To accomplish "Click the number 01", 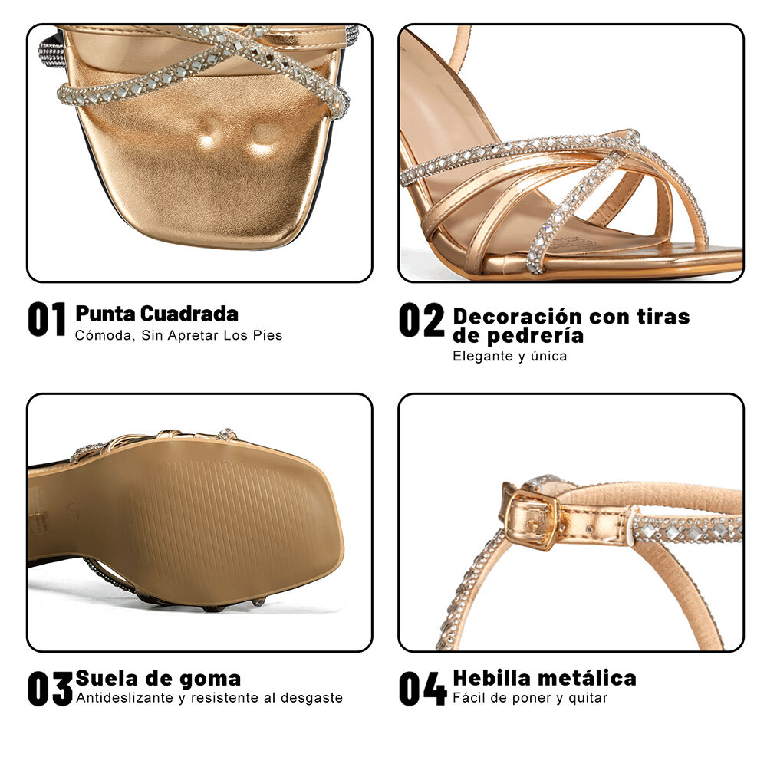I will click(x=47, y=321).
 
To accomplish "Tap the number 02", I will click(x=421, y=321).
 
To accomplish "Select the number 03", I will click(x=50, y=688).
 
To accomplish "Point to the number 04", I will click(x=422, y=688).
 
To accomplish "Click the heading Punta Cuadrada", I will click(x=156, y=314).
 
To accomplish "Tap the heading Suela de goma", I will click(x=158, y=679).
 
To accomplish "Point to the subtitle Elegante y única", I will click(x=509, y=356).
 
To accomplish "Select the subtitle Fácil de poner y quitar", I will click(x=529, y=698).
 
